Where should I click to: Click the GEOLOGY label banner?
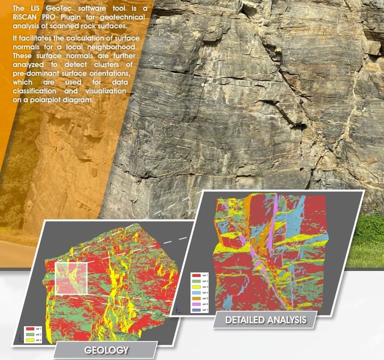point(106,350)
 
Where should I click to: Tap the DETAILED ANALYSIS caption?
point(266,321)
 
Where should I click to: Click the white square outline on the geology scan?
point(71,278)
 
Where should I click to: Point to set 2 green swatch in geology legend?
point(29,335)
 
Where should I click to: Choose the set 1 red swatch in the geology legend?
point(29,329)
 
